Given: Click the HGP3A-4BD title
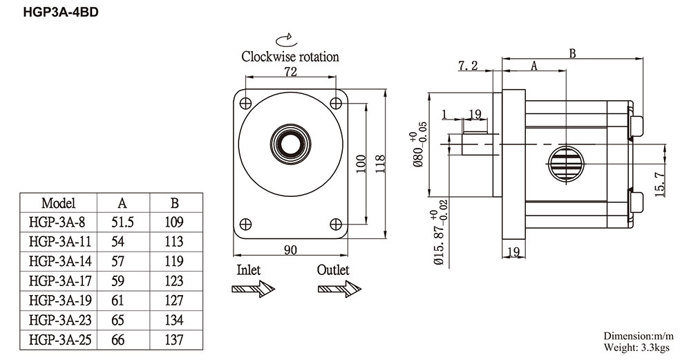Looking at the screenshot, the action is click(x=61, y=12).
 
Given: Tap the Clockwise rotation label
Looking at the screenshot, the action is click(x=290, y=57).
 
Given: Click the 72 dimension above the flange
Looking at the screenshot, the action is click(x=290, y=71).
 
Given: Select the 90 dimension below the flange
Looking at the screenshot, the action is click(x=290, y=250).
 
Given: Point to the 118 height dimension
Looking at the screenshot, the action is click(x=380, y=164).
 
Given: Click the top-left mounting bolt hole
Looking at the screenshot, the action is click(x=245, y=104).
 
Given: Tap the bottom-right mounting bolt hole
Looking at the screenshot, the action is click(x=336, y=225).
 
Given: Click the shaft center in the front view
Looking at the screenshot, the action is click(x=290, y=144).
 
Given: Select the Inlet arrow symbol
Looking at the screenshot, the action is click(x=254, y=289).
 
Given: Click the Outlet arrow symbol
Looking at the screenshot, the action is click(x=339, y=289).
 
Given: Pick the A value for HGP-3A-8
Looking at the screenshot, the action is click(x=122, y=222).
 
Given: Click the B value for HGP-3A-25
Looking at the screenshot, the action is click(x=174, y=340).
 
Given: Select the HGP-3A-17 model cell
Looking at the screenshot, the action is click(x=60, y=281).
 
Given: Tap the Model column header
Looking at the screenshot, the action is click(x=58, y=203).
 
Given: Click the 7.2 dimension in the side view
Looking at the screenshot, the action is click(x=468, y=66).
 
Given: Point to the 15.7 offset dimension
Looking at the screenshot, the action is click(x=659, y=184).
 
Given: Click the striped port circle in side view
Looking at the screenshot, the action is click(x=566, y=164).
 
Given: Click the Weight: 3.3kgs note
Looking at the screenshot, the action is click(x=636, y=348).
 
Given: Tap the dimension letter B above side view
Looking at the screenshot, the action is click(x=572, y=54).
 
